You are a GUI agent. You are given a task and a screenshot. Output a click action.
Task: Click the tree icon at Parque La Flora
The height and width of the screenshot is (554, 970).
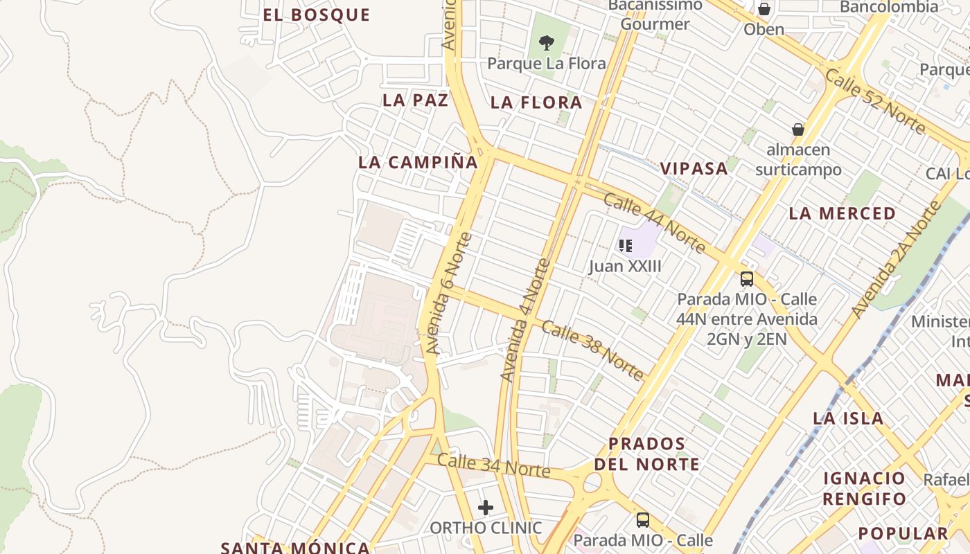547,43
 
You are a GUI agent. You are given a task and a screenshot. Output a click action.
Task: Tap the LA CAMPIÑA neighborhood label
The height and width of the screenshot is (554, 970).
418,163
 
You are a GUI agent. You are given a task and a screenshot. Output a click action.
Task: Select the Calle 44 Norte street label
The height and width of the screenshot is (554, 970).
654,224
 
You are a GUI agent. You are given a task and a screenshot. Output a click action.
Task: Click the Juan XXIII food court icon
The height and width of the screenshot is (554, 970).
626,245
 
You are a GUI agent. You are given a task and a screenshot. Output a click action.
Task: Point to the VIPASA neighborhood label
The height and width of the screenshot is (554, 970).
694,168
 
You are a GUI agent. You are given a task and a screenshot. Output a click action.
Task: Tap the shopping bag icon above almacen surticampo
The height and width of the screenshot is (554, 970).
798,129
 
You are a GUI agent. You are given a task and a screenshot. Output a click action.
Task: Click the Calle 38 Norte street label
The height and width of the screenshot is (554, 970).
592,350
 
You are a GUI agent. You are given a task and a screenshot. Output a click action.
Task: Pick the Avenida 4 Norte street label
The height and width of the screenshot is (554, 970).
526,321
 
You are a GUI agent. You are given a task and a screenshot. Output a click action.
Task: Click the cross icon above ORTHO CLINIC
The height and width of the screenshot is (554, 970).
486,508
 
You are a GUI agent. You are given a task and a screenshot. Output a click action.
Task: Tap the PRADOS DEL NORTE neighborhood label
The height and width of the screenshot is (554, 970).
646,454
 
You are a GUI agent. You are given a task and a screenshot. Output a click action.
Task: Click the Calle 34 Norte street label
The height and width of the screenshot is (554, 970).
493,466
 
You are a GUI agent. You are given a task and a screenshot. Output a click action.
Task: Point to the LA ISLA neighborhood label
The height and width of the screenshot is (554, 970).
848,418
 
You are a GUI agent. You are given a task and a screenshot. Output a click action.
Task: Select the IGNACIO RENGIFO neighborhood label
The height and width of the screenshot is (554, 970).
864,488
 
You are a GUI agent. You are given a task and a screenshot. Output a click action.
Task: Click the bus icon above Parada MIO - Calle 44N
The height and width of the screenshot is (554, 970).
747,279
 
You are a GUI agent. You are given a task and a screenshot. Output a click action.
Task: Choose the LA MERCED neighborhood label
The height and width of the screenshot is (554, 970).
843,213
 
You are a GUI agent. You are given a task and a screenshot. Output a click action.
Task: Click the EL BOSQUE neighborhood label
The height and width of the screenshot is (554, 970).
317,15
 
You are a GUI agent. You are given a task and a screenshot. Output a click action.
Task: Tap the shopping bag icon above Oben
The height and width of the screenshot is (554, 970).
764,9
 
